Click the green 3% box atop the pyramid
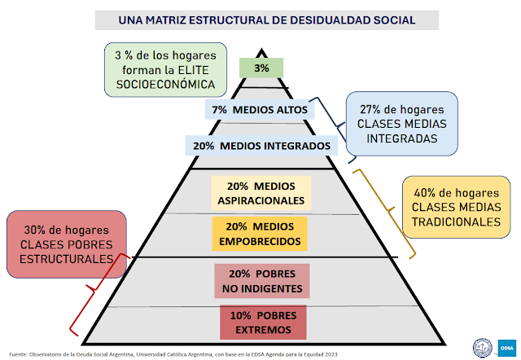pos(261,68)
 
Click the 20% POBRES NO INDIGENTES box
pos(261,280)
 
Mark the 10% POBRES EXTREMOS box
pos(261,321)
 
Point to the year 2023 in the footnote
pos(329,354)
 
